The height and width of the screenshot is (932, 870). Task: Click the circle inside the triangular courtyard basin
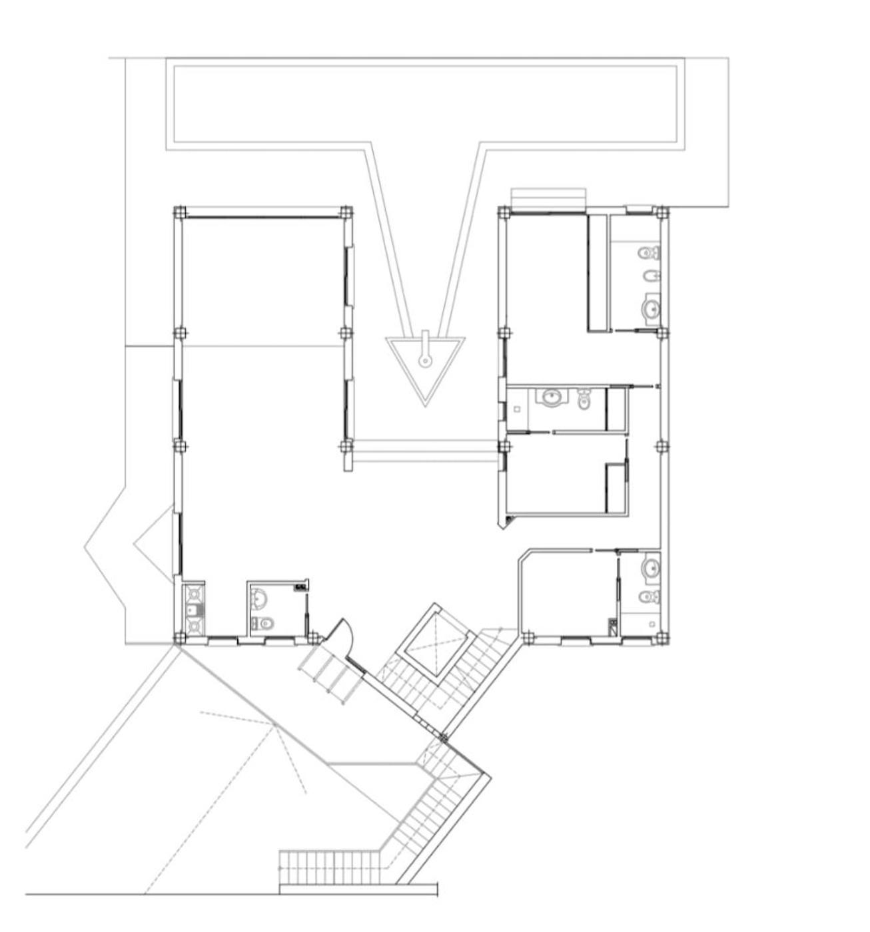coord(425,361)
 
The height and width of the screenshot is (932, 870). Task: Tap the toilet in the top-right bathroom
coord(648,253)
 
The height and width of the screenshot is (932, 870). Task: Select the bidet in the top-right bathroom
coord(651,276)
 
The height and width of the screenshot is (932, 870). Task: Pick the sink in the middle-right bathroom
coord(552,397)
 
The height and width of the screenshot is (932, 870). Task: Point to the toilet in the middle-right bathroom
coord(584,399)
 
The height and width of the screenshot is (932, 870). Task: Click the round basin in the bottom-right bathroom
coord(650,569)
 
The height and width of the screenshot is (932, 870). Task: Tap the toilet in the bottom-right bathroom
coord(649,596)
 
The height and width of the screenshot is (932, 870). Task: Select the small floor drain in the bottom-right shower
coord(653,624)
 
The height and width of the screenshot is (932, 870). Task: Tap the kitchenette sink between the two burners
coord(193,609)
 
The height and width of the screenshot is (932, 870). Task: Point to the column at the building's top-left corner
coord(179,213)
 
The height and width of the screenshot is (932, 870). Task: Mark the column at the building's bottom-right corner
coord(661,639)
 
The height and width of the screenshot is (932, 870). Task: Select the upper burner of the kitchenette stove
coord(194,592)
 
